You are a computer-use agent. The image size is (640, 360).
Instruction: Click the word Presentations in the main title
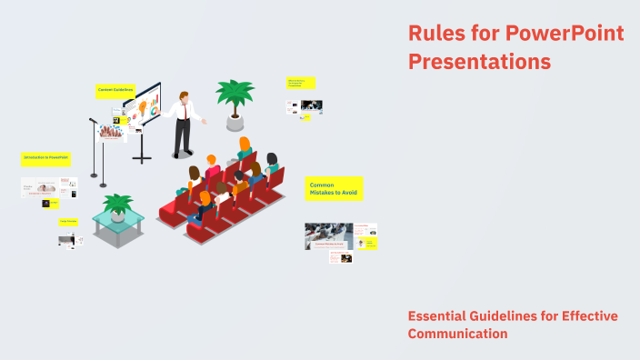point(479,62)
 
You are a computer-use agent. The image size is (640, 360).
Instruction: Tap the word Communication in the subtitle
point(457,334)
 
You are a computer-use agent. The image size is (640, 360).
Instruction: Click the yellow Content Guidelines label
point(115,90)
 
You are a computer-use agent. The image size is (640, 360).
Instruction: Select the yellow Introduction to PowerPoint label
point(45,158)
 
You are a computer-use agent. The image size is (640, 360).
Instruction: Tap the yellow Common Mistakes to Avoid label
point(334,189)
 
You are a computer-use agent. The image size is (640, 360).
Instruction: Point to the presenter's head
point(184,95)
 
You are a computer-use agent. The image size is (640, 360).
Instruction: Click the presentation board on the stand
point(143,110)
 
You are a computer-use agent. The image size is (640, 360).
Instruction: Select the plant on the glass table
point(117,205)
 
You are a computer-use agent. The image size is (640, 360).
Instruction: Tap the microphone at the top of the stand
point(92,120)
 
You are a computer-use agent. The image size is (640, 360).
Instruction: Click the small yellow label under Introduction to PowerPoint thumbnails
point(69,221)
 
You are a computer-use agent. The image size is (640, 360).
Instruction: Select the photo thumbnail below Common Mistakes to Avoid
point(328,236)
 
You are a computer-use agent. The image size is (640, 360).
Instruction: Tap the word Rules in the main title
point(435,34)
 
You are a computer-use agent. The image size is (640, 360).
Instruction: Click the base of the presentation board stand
point(142,160)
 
